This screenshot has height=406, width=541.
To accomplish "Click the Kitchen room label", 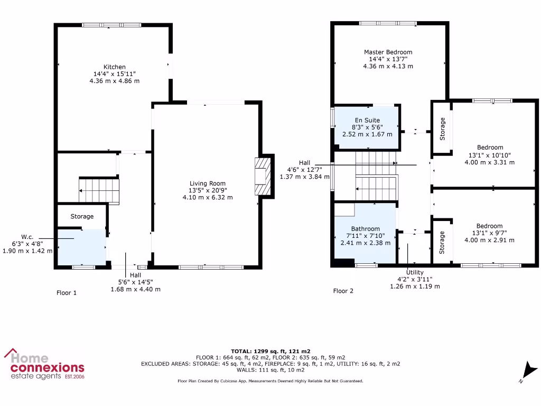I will (114, 67).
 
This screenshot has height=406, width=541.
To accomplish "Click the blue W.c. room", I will (81, 247).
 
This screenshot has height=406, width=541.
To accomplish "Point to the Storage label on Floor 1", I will (82, 216).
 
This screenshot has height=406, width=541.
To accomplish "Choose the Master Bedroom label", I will (388, 52).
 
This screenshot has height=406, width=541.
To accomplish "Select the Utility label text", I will (415, 272).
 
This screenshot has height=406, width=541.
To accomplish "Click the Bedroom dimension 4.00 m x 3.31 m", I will (490, 162).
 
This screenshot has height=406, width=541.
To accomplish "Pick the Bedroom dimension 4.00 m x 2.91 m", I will (490, 240).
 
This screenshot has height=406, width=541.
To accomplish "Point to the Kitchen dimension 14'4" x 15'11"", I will (114, 74).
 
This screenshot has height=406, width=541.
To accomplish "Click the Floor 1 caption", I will (67, 292).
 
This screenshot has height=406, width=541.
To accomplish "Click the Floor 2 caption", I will (343, 291).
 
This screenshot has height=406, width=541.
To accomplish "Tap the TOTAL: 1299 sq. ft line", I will (270, 351).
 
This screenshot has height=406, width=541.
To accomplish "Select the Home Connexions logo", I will (44, 364).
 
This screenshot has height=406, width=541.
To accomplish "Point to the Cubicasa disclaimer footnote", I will (270, 381).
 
